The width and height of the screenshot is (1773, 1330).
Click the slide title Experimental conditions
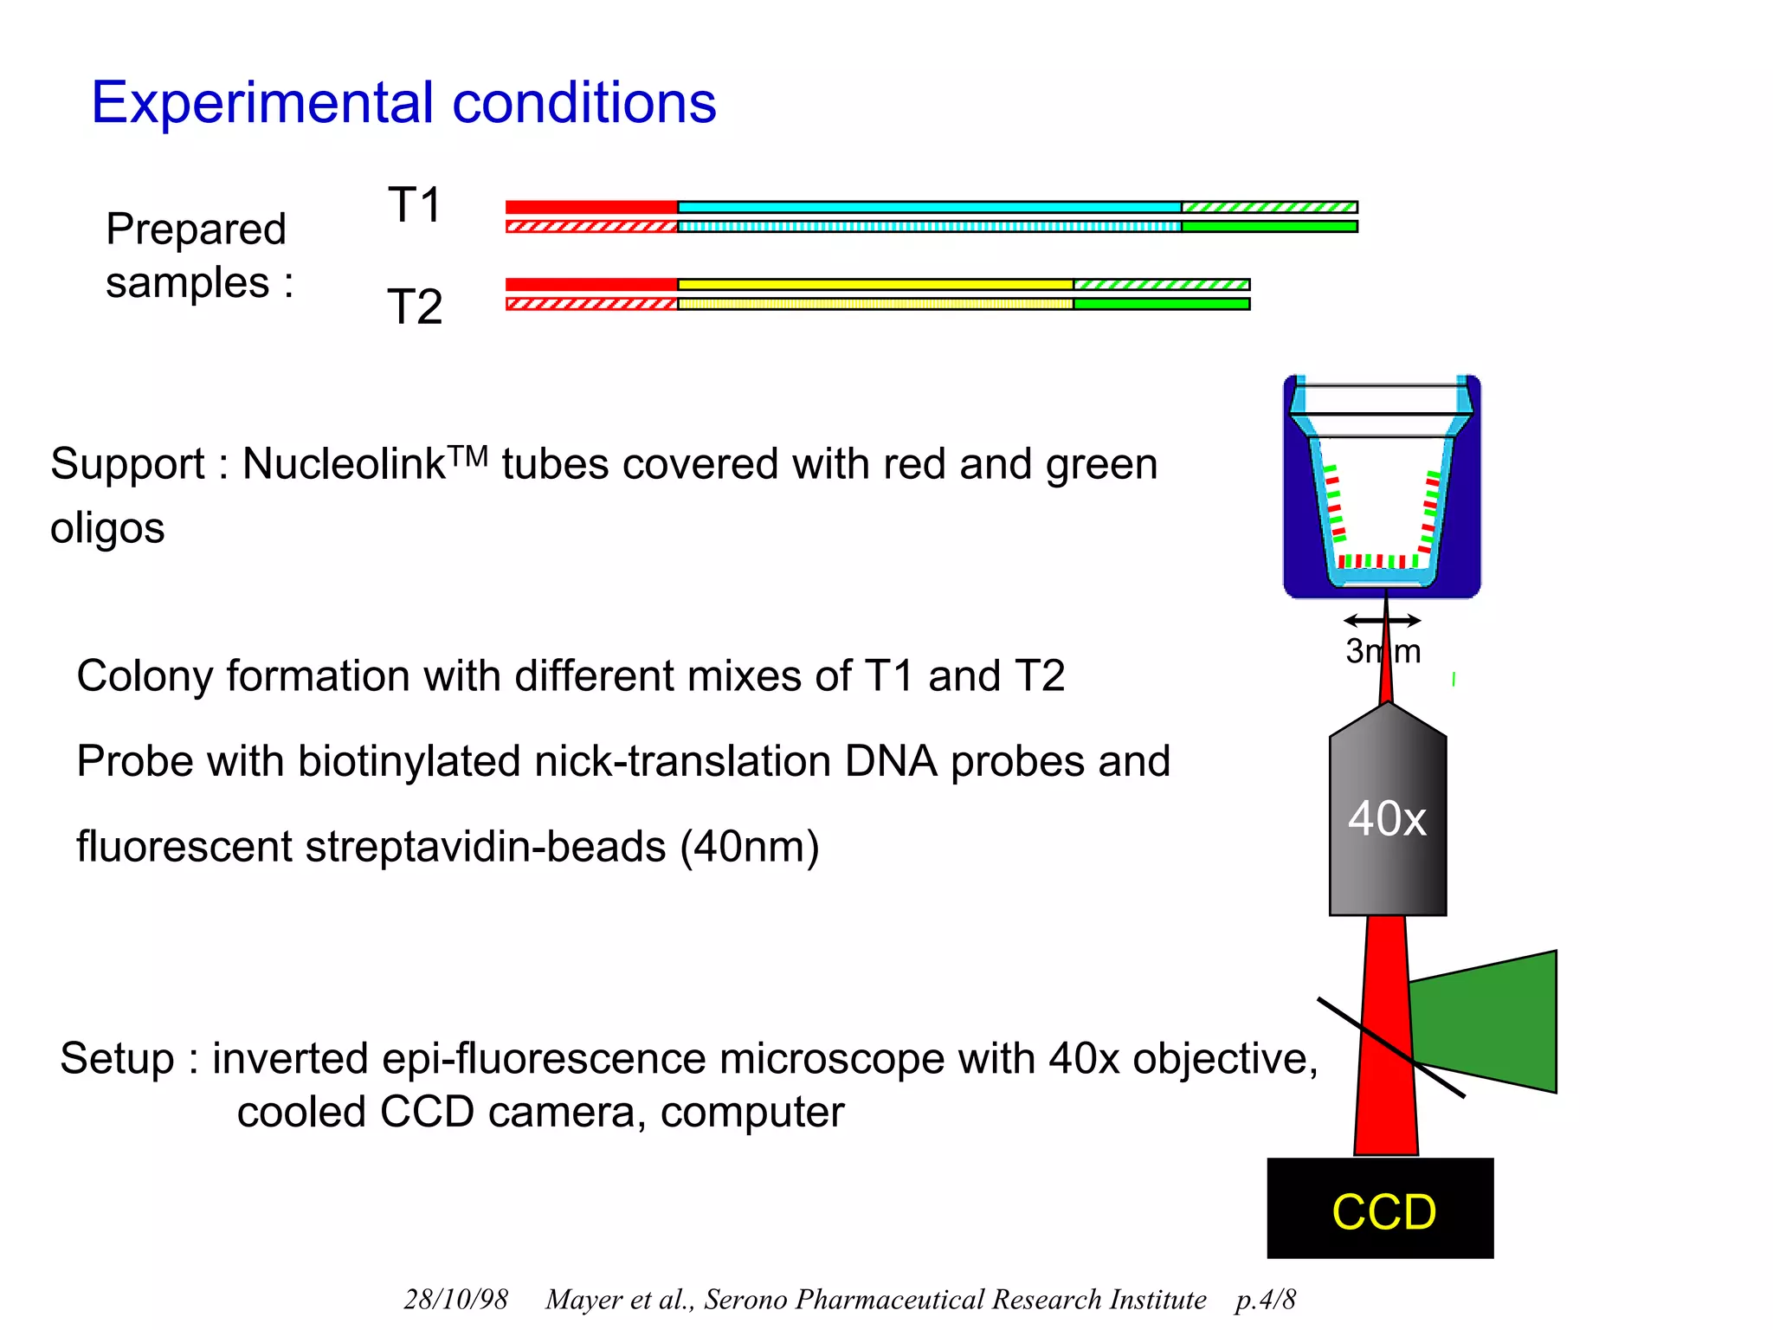tap(403, 103)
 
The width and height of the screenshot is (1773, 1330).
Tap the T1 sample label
tap(415, 205)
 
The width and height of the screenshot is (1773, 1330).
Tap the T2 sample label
tap(415, 307)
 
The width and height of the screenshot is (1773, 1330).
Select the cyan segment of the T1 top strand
tap(928, 207)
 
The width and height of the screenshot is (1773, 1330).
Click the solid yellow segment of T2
tap(874, 284)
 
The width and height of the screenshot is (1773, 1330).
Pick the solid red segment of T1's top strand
tap(591, 207)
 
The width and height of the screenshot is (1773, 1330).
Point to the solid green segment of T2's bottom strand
tap(1161, 304)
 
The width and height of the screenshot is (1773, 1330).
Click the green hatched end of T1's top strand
tap(1269, 207)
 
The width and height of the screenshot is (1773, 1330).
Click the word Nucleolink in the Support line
tap(344, 464)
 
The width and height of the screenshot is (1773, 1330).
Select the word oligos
tap(107, 528)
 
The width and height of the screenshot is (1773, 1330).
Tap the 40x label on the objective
tap(1386, 818)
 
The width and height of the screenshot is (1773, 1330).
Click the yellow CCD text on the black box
tap(1383, 1211)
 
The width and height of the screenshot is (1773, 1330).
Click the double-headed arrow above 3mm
tap(1382, 620)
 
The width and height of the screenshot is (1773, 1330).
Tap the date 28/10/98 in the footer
tap(455, 1299)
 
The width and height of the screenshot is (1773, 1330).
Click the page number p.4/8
tap(1265, 1299)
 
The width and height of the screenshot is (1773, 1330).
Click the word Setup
tap(117, 1059)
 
